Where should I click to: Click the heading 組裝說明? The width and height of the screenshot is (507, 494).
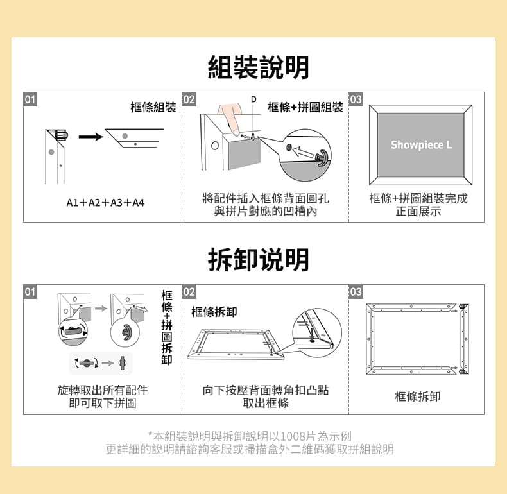click(x=258, y=67)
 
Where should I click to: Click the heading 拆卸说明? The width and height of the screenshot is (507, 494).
click(x=258, y=260)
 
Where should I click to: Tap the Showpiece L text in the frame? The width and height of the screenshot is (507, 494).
click(x=421, y=145)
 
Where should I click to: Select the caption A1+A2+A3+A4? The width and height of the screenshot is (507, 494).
click(x=105, y=203)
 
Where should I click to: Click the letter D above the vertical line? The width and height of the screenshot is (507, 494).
click(x=254, y=99)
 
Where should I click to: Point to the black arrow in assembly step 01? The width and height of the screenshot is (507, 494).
click(x=90, y=137)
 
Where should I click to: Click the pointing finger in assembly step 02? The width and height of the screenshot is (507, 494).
click(x=230, y=119)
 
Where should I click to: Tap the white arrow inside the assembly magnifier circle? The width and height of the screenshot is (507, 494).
click(x=303, y=151)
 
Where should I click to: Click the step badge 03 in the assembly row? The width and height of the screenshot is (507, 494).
click(x=356, y=99)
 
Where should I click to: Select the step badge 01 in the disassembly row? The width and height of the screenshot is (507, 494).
click(x=30, y=292)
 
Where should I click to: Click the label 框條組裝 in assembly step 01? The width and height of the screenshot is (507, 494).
click(x=153, y=107)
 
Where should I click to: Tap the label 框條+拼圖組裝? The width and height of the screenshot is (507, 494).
click(x=305, y=107)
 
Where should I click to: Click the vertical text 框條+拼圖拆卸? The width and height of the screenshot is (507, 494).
click(x=166, y=327)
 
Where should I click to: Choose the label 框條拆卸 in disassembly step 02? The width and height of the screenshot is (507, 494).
click(x=214, y=312)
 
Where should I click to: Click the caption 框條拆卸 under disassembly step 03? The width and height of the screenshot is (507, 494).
click(x=417, y=396)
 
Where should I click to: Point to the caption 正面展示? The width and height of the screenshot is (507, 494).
click(x=418, y=211)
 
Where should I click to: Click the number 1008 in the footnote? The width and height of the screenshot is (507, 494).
click(x=293, y=436)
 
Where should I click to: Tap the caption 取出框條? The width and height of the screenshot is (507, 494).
click(x=266, y=403)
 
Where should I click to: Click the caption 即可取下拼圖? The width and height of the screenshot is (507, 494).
click(x=103, y=403)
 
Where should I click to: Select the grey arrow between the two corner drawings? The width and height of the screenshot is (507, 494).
click(x=101, y=309)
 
